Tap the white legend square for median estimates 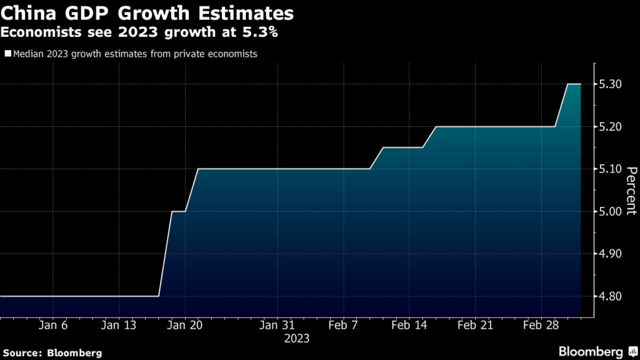[x=7, y=54]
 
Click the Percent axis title [x=631, y=191]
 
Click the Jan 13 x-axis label [x=119, y=325]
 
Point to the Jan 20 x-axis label [x=186, y=325]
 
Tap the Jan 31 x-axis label [x=277, y=325]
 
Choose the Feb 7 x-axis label [x=343, y=325]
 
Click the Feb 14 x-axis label [x=410, y=325]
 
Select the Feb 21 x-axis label [x=476, y=325]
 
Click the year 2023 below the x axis [x=296, y=339]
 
